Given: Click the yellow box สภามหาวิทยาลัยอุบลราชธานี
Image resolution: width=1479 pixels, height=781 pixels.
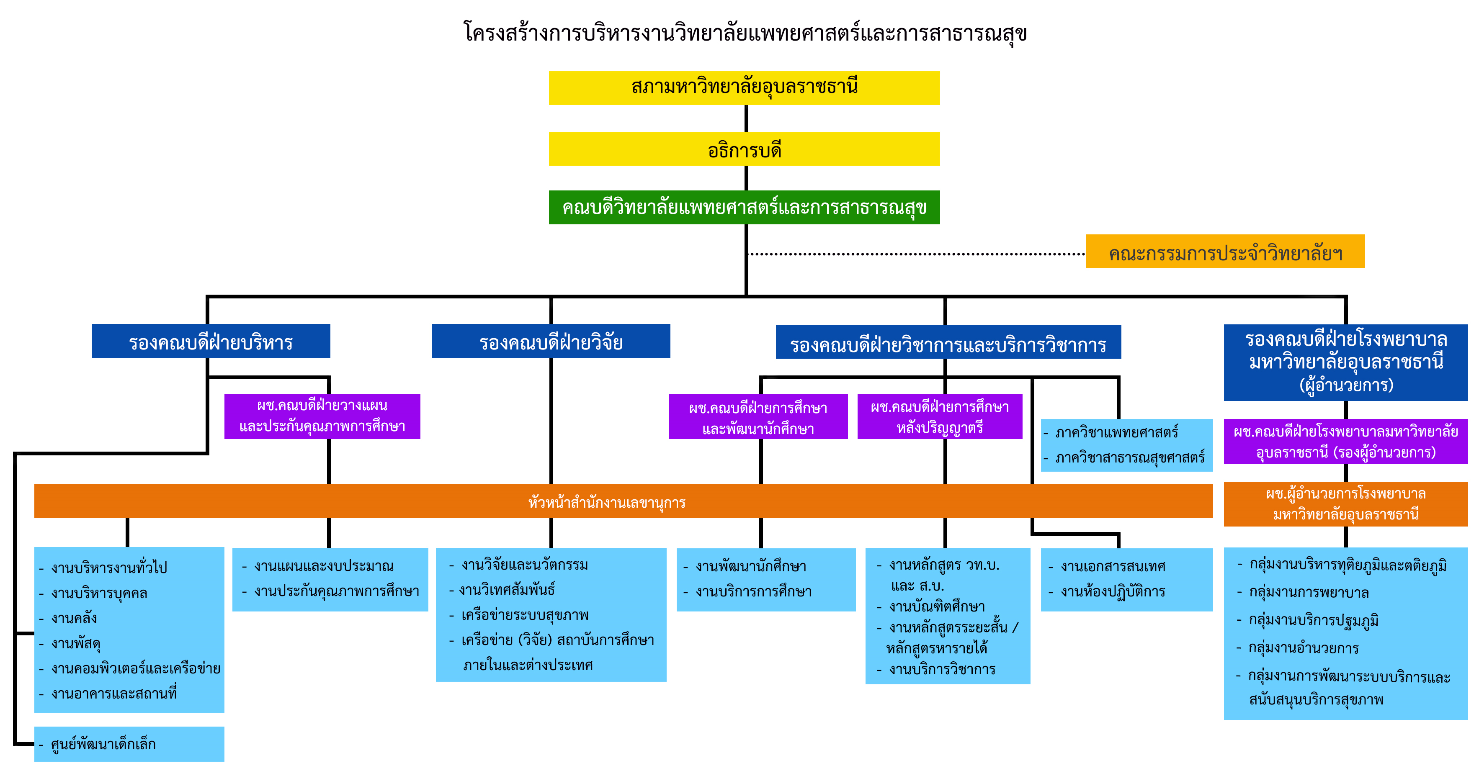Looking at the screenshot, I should [x=744, y=88].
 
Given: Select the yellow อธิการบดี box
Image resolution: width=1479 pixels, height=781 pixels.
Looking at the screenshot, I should [x=744, y=149].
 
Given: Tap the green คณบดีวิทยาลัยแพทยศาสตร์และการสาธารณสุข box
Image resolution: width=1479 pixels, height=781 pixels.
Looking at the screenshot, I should [x=744, y=207].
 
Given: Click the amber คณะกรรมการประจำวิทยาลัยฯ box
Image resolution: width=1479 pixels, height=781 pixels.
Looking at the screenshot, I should [x=1225, y=252].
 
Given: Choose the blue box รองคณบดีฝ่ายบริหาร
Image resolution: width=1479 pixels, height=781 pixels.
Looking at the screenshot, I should [x=211, y=342].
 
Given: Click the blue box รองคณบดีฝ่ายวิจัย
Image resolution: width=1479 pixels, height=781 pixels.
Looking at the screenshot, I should [x=551, y=342].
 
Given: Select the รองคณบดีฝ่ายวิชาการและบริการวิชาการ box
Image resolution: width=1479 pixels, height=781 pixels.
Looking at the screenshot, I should [x=948, y=343].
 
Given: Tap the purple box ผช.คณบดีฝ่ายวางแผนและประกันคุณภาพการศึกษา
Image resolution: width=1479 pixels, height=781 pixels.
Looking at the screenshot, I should [x=322, y=416].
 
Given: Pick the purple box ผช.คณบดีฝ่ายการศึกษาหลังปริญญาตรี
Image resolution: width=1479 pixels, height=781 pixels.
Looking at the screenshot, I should [x=939, y=417].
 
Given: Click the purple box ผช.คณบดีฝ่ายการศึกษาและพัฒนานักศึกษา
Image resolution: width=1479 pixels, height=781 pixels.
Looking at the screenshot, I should [x=758, y=418].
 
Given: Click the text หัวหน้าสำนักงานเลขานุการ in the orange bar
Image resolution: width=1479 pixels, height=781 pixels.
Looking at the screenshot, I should [x=606, y=502].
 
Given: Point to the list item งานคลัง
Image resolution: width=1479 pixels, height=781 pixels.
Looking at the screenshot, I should [x=74, y=619].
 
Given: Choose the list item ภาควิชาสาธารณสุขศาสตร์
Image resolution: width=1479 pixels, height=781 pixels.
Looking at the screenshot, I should [x=1129, y=458].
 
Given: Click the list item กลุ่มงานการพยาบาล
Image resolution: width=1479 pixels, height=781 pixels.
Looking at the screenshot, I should [x=1309, y=592].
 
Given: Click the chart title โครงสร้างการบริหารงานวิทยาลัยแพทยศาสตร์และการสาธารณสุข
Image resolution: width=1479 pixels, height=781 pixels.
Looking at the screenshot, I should [x=745, y=33].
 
